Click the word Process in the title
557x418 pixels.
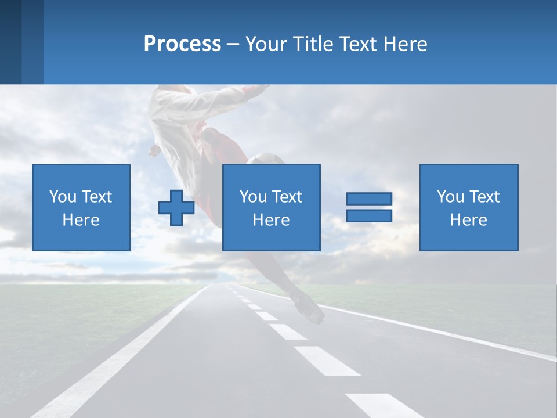(x=182, y=44)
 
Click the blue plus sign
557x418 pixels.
(x=176, y=207)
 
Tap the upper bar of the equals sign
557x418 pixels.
(x=369, y=199)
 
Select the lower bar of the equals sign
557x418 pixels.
(x=369, y=215)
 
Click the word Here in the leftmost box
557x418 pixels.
(x=81, y=220)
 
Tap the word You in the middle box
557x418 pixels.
(x=253, y=197)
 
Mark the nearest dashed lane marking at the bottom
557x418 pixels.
(x=383, y=405)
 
